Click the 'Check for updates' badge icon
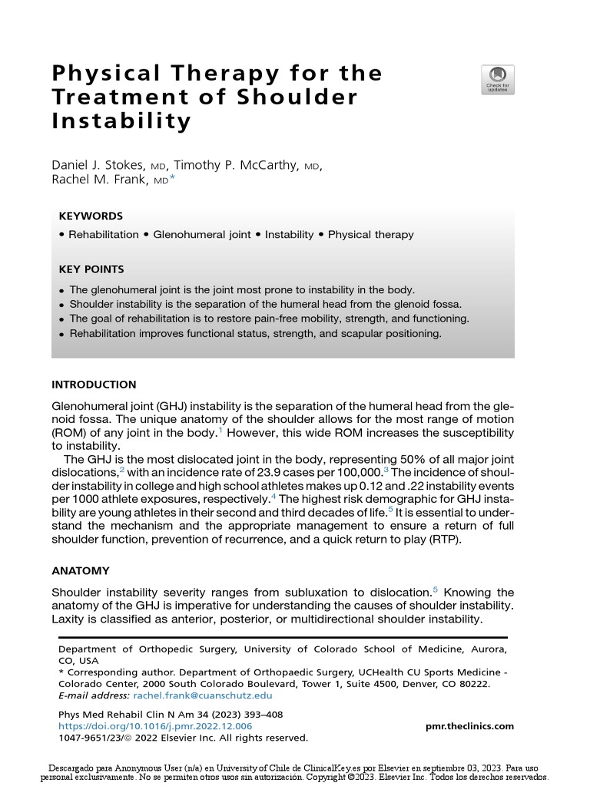pyautogui.click(x=498, y=80)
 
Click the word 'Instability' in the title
pyautogui.click(x=121, y=121)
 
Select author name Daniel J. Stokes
pyautogui.click(x=97, y=166)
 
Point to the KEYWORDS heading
pyautogui.click(x=91, y=216)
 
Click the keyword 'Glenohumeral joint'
pyautogui.click(x=202, y=235)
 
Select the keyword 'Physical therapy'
pyautogui.click(x=370, y=235)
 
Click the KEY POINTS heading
pyautogui.click(x=91, y=269)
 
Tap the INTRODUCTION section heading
pyautogui.click(x=94, y=385)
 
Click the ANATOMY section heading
pyautogui.click(x=81, y=571)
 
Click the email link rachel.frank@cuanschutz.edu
pyautogui.click(x=203, y=695)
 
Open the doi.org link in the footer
pyautogui.click(x=155, y=726)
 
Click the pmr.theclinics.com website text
pyautogui.click(x=469, y=726)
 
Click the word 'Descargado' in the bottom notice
pyautogui.click(x=75, y=768)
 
